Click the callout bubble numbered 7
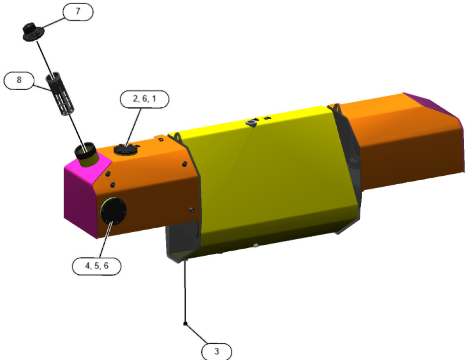tap(78, 12)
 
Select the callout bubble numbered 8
tap(19, 80)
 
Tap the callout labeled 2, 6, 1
tap(144, 99)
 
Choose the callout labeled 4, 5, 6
tap(96, 266)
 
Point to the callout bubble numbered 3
tap(216, 352)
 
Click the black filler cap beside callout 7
tap(33, 32)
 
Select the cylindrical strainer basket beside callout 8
tap(59, 94)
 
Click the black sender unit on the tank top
tap(126, 149)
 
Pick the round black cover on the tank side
tap(113, 211)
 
